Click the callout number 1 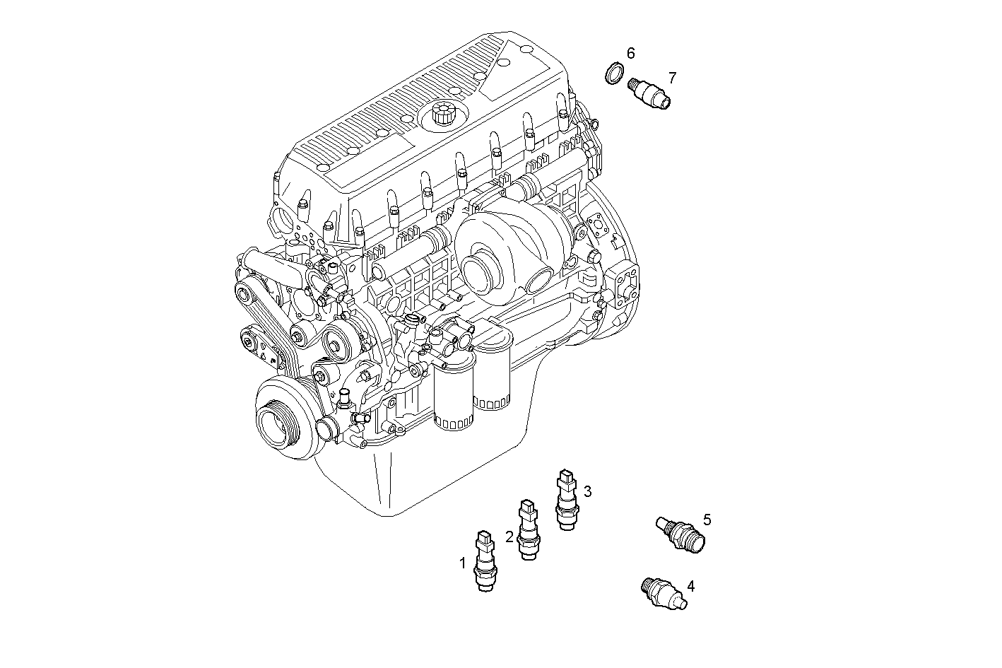(x=463, y=563)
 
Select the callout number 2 (x=509, y=537)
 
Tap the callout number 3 (x=587, y=491)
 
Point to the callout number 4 (x=690, y=586)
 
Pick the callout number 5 (x=707, y=520)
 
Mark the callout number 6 (x=630, y=53)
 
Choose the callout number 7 (x=672, y=77)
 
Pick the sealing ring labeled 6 (x=615, y=73)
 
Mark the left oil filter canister (x=453, y=399)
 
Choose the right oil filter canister (x=492, y=378)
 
